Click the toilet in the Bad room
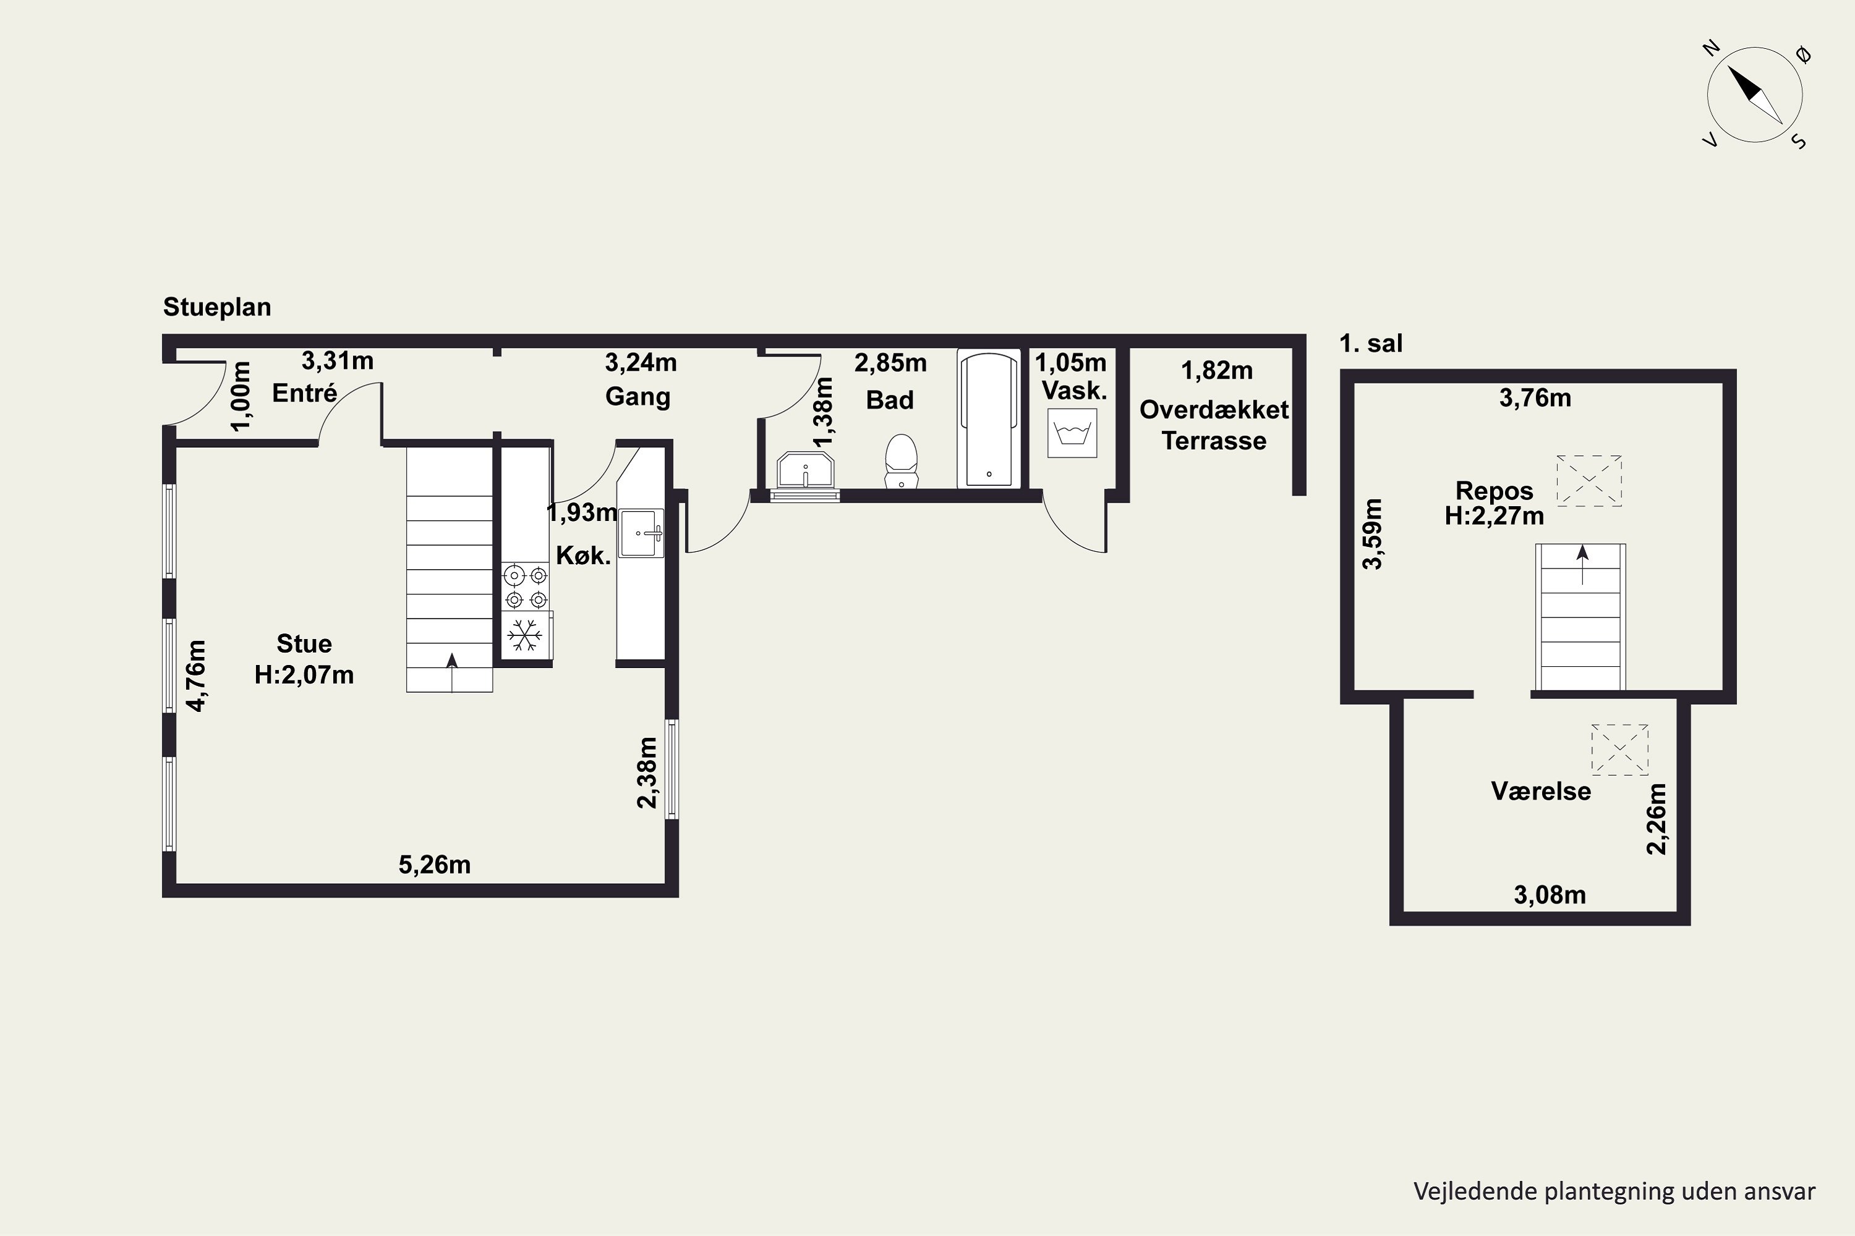[902, 461]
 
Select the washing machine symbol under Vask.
[1072, 433]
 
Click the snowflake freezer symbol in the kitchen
[524, 635]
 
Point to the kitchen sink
[641, 533]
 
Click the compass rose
[1755, 95]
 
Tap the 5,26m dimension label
[435, 865]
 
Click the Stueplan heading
[217, 307]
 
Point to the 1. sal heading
[1371, 344]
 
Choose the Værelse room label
[1541, 790]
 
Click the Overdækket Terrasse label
[1214, 425]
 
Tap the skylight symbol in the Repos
[1588, 480]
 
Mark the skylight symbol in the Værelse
[1620, 750]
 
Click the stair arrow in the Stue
[452, 661]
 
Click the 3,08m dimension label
[1550, 895]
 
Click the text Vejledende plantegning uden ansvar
[1614, 1191]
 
